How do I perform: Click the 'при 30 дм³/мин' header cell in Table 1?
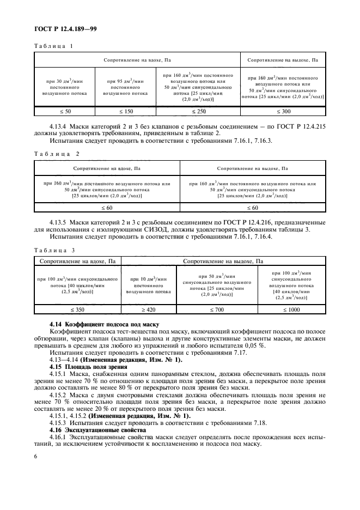(x=64, y=87)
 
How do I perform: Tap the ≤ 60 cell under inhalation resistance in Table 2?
(x=107, y=207)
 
